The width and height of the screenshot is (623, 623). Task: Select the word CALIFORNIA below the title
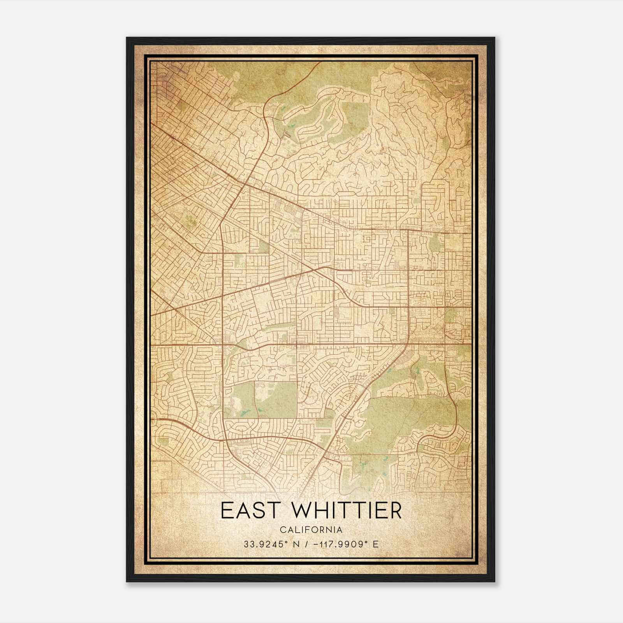(311, 530)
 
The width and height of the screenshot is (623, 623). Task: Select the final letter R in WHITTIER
(395, 510)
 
